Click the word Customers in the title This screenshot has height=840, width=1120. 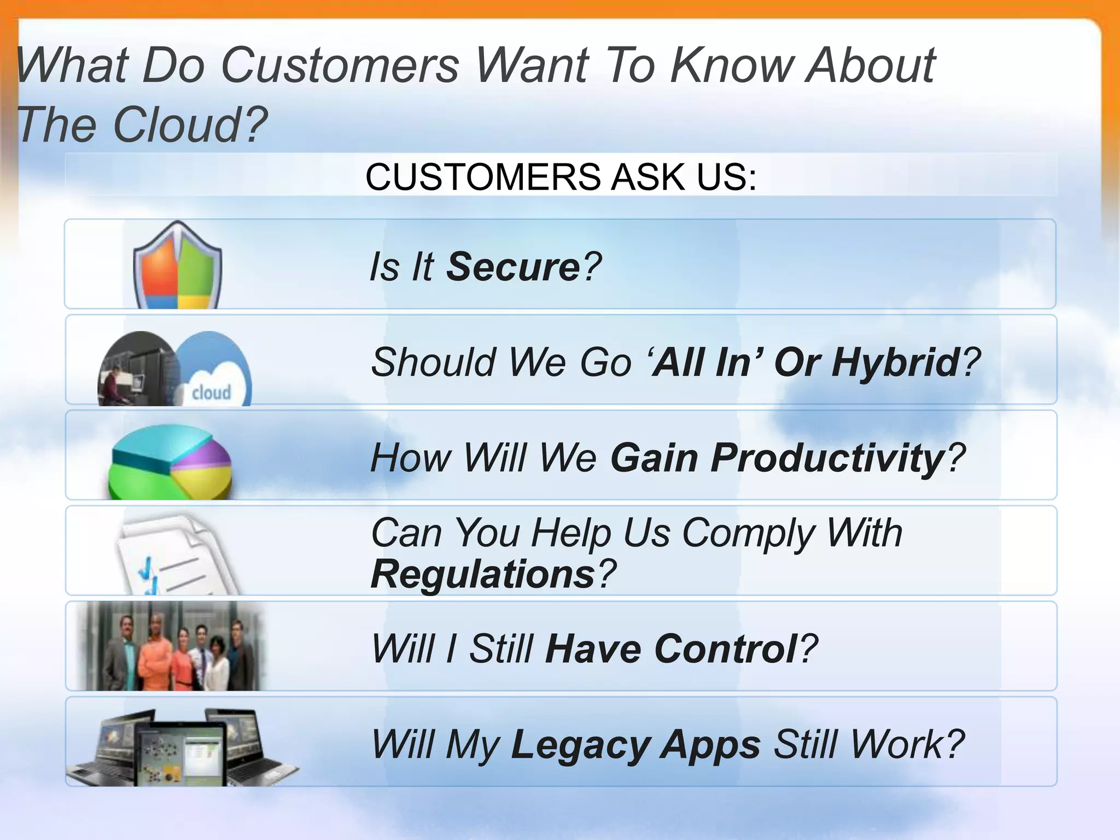pyautogui.click(x=339, y=66)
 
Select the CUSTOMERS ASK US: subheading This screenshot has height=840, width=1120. pyautogui.click(x=561, y=177)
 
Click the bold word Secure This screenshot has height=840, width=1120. pyautogui.click(x=513, y=267)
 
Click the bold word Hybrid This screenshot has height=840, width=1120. pyautogui.click(x=895, y=362)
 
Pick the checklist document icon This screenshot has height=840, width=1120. pyautogui.click(x=175, y=555)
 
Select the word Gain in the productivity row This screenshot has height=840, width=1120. pyautogui.click(x=654, y=458)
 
